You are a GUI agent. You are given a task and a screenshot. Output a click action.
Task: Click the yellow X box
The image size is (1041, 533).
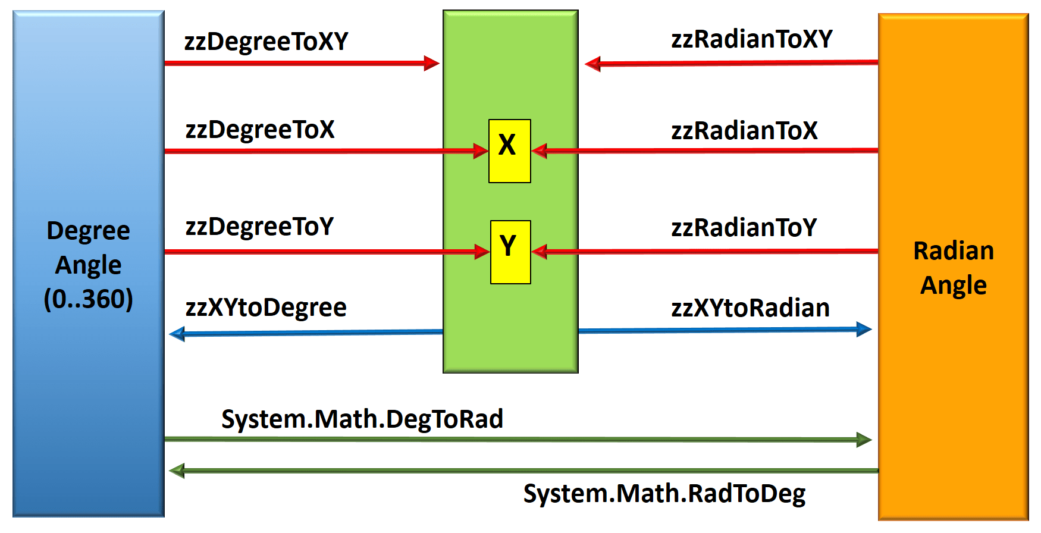[509, 151]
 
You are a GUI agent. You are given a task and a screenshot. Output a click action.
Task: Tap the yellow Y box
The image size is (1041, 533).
[510, 252]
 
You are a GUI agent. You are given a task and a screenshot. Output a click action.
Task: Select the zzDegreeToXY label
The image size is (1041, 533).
[266, 42]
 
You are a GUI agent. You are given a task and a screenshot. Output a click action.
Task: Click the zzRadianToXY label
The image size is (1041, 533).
[751, 39]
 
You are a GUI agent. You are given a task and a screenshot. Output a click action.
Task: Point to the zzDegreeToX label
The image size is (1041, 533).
[260, 130]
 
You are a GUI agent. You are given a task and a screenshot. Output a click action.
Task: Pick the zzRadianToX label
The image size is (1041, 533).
[744, 131]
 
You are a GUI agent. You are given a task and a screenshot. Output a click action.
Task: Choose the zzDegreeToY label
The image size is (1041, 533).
[259, 227]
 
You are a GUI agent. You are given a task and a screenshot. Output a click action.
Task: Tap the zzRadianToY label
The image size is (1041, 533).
[744, 228]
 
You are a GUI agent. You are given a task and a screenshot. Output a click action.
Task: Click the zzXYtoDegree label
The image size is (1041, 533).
[266, 308]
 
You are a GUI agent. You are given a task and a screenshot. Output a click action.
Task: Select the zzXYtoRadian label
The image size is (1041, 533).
[750, 308]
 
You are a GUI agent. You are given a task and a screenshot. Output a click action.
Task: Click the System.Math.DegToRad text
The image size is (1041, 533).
[362, 419]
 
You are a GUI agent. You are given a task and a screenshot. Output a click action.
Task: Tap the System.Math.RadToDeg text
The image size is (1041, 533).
[664, 494]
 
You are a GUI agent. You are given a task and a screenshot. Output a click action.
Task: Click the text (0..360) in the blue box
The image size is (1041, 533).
[88, 299]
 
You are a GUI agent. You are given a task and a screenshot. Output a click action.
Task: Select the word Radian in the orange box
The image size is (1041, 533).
[953, 251]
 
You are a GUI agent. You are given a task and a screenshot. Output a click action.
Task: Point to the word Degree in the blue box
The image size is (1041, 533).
[88, 231]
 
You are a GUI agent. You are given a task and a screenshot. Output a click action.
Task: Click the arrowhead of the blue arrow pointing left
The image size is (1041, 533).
[177, 334]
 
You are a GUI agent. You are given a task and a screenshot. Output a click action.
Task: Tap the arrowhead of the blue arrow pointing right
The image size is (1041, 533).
[864, 329]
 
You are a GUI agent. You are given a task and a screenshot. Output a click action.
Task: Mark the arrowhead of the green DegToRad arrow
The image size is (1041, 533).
[864, 440]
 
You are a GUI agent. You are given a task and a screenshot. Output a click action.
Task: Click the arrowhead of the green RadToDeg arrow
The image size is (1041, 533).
[177, 471]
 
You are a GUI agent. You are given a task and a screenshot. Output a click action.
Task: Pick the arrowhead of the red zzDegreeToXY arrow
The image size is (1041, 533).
[432, 63]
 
